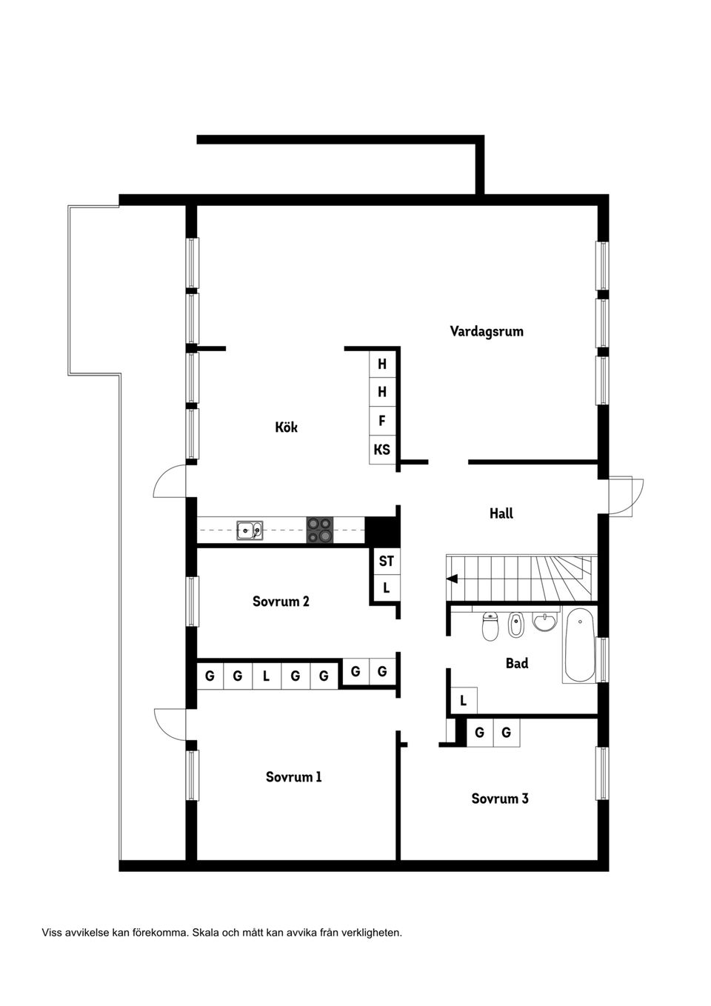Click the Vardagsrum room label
point(487,331)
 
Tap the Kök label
point(286,427)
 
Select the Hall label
point(501,513)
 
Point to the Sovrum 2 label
point(281,601)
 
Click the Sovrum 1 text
point(294,776)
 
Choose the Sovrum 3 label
point(500,798)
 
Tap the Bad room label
point(517,663)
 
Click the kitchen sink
point(250,530)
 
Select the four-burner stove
point(320,530)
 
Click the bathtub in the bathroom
point(579,644)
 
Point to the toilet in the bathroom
point(490,627)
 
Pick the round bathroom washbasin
point(545,622)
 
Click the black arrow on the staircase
point(452,579)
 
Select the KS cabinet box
point(382,450)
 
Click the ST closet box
point(386,561)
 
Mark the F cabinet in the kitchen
point(382,421)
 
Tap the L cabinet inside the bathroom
point(464,700)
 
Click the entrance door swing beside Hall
point(627,496)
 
